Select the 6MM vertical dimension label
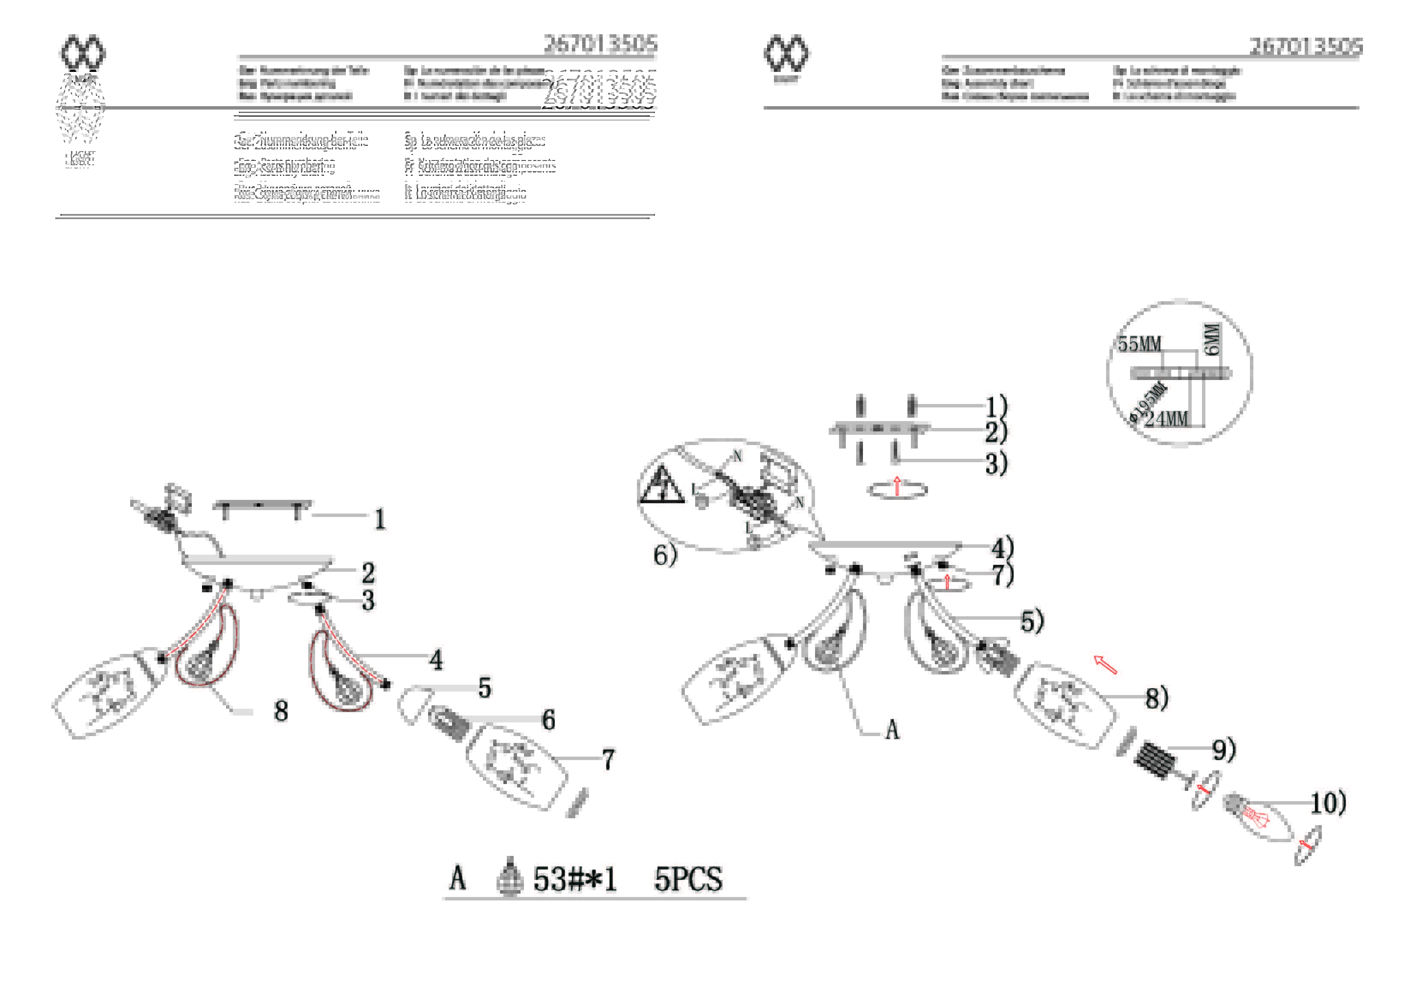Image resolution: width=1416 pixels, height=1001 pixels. pos(1212,339)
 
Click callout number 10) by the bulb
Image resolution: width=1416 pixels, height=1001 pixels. pos(1328,803)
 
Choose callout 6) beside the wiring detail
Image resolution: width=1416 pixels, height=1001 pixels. pos(665,555)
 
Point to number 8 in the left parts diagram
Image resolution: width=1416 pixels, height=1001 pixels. pos(281,711)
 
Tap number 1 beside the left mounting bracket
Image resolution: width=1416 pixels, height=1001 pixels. pos(380,519)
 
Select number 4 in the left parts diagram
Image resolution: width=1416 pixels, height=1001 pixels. pos(436,660)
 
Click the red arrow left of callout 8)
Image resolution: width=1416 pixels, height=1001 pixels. pos(1105,665)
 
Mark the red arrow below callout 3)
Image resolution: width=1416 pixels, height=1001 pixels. pos(897,486)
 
